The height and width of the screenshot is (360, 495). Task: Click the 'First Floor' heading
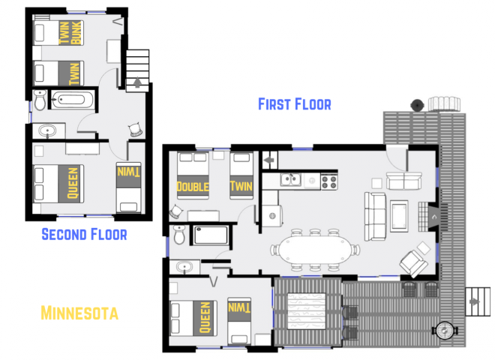(x=294, y=104)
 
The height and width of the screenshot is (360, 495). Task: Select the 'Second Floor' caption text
(x=84, y=235)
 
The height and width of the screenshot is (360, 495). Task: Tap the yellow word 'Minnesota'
(x=79, y=312)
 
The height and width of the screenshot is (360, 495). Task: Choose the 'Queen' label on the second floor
(x=73, y=183)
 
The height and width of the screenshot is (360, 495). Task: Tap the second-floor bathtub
(x=71, y=99)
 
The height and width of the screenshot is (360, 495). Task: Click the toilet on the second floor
(x=40, y=99)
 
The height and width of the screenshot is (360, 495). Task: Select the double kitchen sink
(x=291, y=179)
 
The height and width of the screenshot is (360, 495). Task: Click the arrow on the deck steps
(x=473, y=302)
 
